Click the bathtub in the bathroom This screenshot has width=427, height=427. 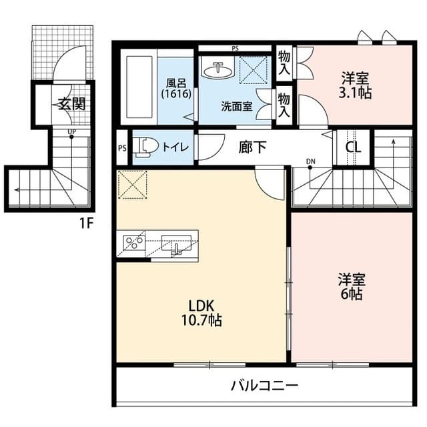(141, 89)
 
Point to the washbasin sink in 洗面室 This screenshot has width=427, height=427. (218, 70)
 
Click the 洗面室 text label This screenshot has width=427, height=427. (236, 105)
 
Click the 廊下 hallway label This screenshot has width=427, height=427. (252, 147)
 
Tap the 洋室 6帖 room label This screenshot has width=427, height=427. (350, 286)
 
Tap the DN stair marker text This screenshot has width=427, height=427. (310, 161)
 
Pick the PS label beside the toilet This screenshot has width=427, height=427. (122, 149)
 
